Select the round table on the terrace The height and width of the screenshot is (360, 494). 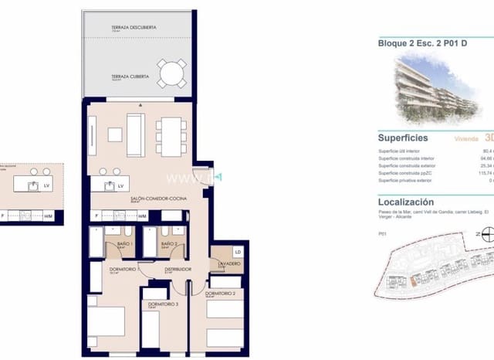171,73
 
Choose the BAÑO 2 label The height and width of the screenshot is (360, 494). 171,243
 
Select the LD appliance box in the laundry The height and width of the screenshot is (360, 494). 238,252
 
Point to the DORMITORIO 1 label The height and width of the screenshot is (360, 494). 123,270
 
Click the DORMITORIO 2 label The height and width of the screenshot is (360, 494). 221,293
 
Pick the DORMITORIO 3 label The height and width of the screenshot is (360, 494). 164,304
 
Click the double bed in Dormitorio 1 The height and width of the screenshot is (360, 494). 107,323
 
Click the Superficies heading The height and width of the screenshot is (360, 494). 404,136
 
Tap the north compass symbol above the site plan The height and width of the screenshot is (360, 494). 486,237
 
